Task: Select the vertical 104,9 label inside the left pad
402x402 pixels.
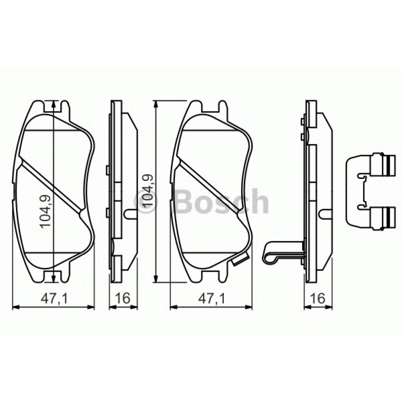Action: pos(45,211)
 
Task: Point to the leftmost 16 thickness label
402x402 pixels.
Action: pos(123,298)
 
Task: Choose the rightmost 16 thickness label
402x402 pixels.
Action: pos(318,298)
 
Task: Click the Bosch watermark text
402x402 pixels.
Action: pos(222,201)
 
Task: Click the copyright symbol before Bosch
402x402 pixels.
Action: pos(144,202)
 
